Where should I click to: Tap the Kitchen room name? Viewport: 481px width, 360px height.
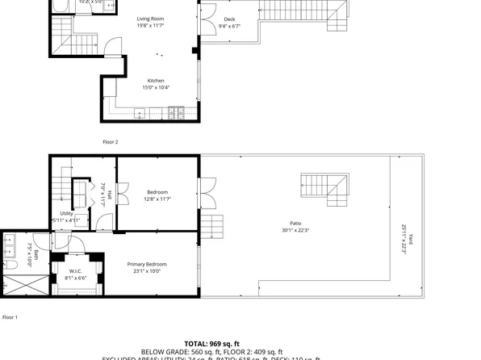[x=156, y=81]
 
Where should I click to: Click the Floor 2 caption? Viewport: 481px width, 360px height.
[x=111, y=142]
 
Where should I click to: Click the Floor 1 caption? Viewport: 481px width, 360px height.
[x=10, y=317]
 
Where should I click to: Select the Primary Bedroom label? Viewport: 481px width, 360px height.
[x=147, y=264]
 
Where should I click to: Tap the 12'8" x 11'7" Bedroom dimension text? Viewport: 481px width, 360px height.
[x=157, y=199]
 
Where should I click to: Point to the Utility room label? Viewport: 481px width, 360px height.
[x=66, y=213]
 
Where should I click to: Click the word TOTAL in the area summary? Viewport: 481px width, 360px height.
[x=200, y=343]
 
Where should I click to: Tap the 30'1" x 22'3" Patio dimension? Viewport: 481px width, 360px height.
[x=295, y=230]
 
